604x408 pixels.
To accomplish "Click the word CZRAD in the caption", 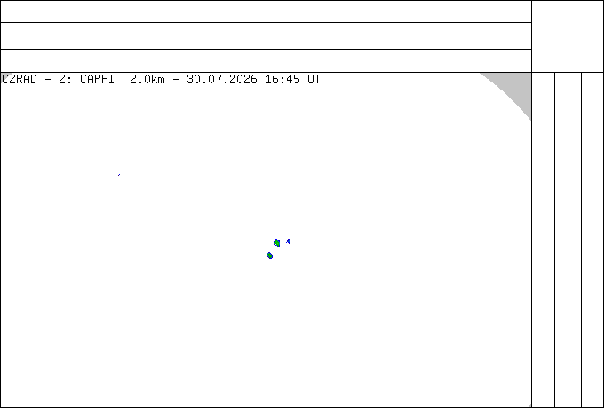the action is pyautogui.click(x=20, y=80).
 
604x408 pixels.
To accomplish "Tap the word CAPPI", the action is pyautogui.click(x=97, y=80).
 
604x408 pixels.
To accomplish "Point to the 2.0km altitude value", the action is pyautogui.click(x=147, y=80).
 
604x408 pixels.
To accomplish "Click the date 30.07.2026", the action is pyautogui.click(x=222, y=80).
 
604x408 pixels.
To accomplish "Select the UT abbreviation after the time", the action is pyautogui.click(x=314, y=80).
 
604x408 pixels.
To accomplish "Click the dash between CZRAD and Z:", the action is pyautogui.click(x=48, y=80).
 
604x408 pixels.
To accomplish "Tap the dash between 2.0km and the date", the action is pyautogui.click(x=176, y=80).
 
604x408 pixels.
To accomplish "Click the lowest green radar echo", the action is pyautogui.click(x=270, y=255).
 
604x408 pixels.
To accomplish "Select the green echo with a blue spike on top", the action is pyautogui.click(x=277, y=243).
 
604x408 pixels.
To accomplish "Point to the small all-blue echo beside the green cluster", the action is pyautogui.click(x=288, y=241).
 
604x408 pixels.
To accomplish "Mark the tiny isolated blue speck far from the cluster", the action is pyautogui.click(x=119, y=175).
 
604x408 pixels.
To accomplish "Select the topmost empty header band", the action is pyautogui.click(x=266, y=12).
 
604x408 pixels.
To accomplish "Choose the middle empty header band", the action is pyautogui.click(x=266, y=35).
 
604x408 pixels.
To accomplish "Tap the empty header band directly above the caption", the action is pyautogui.click(x=266, y=60).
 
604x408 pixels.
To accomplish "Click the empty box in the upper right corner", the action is pyautogui.click(x=568, y=36).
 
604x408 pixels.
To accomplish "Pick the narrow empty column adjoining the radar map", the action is pyautogui.click(x=543, y=239).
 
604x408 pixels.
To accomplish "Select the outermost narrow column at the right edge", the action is pyautogui.click(x=592, y=239).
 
